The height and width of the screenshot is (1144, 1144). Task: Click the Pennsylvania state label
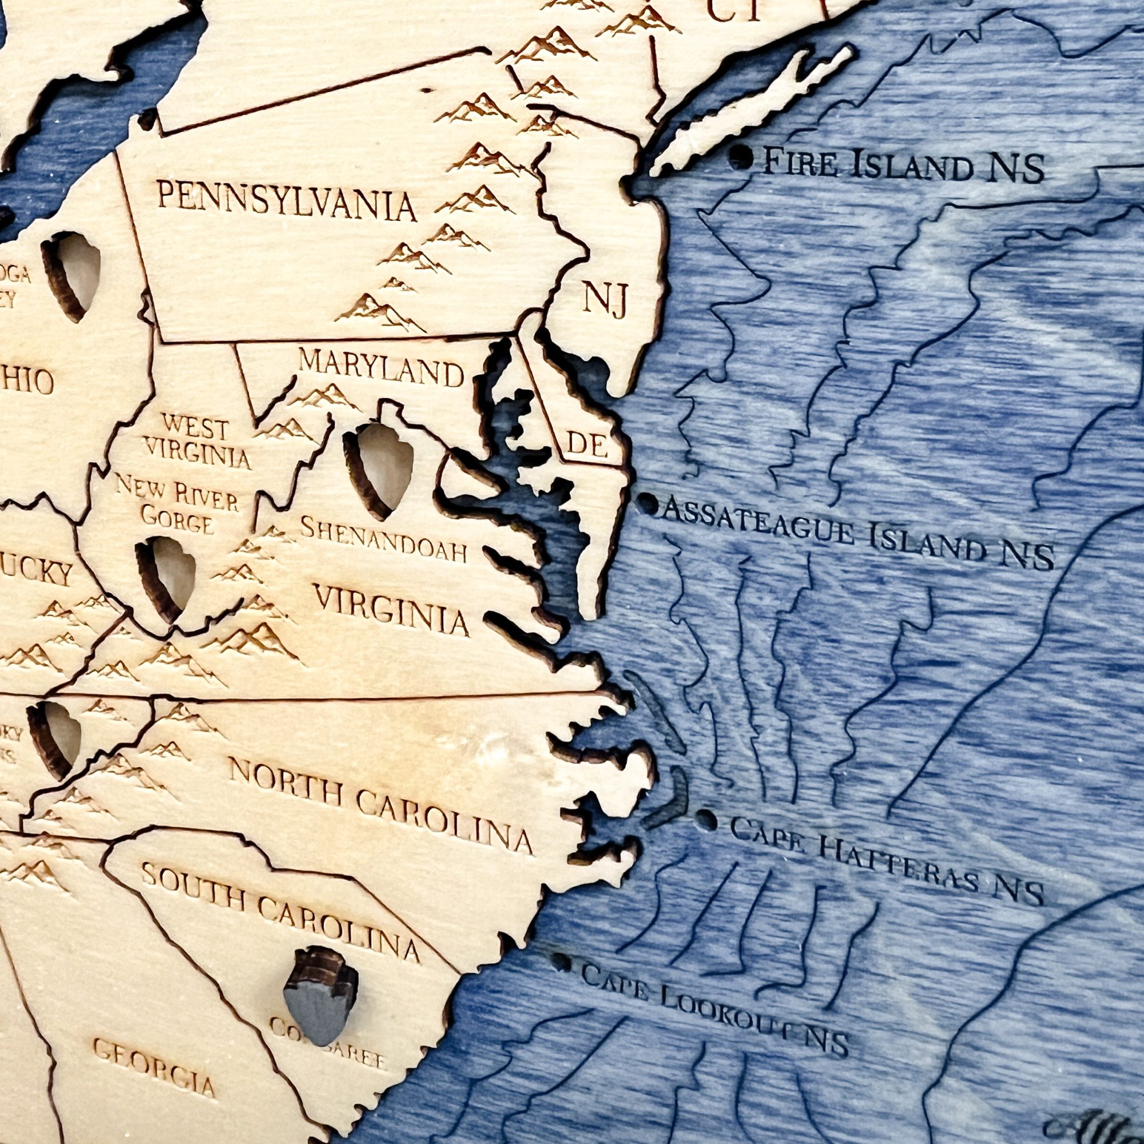click(x=287, y=202)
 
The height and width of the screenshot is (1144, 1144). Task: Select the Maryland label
click(x=381, y=368)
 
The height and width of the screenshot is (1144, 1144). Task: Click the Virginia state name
click(x=391, y=608)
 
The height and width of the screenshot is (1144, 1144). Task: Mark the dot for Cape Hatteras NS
click(x=706, y=820)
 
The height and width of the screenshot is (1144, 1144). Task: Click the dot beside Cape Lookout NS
click(x=560, y=961)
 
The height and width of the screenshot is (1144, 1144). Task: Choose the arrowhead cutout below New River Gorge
click(x=167, y=578)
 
